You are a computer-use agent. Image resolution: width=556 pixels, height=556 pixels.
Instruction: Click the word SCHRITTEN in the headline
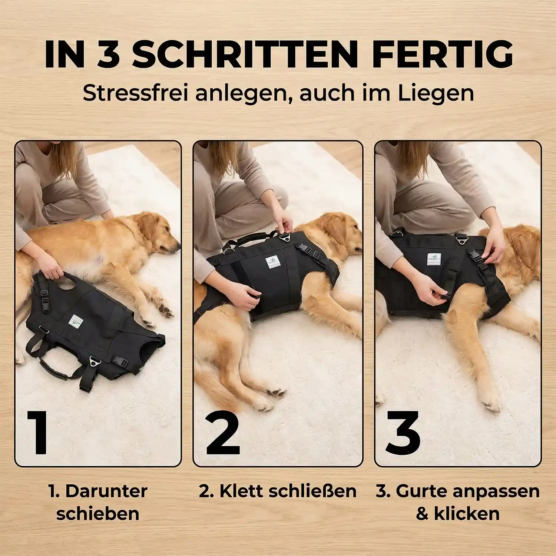(x=245, y=54)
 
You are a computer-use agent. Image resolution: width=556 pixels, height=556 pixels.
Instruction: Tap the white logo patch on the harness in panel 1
(x=76, y=321)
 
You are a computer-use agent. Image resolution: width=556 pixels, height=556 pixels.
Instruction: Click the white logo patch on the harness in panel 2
(x=273, y=262)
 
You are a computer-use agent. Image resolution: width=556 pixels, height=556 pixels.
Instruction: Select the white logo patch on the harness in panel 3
(x=434, y=259)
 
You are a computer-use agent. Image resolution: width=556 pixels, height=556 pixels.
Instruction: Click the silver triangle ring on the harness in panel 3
(x=461, y=241)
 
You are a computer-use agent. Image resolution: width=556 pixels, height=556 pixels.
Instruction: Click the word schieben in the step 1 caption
(x=98, y=514)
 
